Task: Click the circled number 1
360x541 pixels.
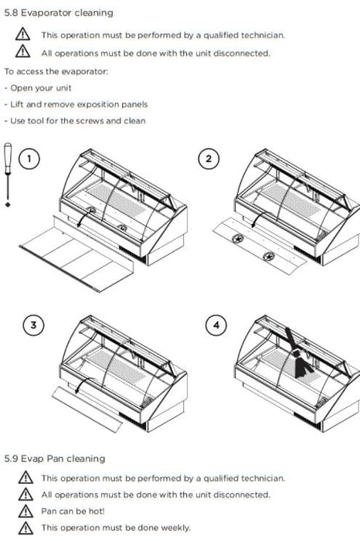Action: coord(29,158)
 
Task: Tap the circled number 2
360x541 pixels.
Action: coord(209,158)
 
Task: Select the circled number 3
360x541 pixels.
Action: coord(33,325)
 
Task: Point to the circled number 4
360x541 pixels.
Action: coord(216,325)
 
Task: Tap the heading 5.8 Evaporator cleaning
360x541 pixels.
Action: coord(59,13)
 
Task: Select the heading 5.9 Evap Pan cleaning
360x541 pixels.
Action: coord(55,458)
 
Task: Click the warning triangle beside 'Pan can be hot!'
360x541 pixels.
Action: coord(25,511)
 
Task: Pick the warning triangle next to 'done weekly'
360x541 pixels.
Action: coord(25,528)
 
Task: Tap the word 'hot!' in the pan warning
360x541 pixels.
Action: coord(97,511)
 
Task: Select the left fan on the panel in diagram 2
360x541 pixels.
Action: coord(238,239)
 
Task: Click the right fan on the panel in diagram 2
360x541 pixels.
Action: coord(269,257)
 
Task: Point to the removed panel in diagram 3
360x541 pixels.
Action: coord(87,409)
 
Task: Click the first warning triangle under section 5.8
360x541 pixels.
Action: coord(22,35)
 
